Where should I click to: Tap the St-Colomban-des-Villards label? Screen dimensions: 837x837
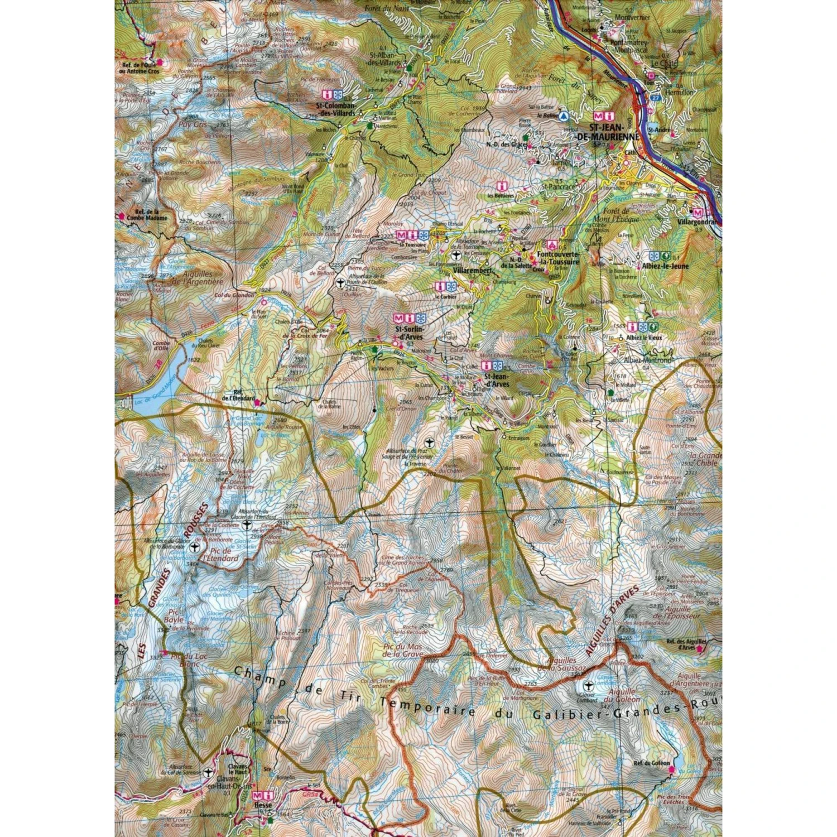pos(335,110)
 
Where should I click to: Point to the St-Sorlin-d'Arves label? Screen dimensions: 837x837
pos(408,333)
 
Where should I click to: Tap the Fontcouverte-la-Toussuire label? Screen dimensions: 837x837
pos(559,258)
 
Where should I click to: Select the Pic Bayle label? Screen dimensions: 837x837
pos(174,615)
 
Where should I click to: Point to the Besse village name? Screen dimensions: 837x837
pos(263,805)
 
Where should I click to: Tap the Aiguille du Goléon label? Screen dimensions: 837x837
pos(625,695)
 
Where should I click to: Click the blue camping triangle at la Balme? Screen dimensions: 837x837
pos(564,116)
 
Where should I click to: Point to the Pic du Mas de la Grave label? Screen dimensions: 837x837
pos(403,650)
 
